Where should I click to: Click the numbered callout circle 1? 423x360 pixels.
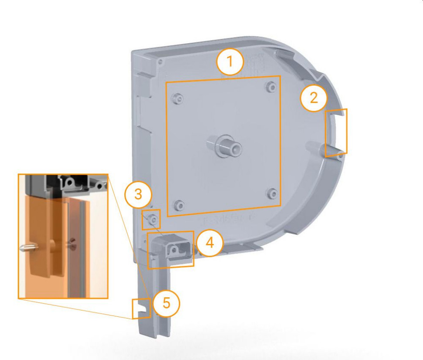coord(230,62)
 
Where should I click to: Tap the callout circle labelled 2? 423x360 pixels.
coord(314,98)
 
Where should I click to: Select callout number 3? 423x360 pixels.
coord(138,194)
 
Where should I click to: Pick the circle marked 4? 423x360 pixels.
coord(210,243)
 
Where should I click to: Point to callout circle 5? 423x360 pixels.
coord(166,303)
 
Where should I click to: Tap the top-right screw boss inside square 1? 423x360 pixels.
coord(271,87)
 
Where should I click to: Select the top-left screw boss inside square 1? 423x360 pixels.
coord(177,98)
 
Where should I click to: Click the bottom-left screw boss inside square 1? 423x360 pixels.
coord(179,205)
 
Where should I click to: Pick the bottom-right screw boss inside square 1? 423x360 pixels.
coord(273,193)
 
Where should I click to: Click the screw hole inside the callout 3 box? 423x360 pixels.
coord(153,219)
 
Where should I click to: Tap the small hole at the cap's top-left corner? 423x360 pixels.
coord(161,62)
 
